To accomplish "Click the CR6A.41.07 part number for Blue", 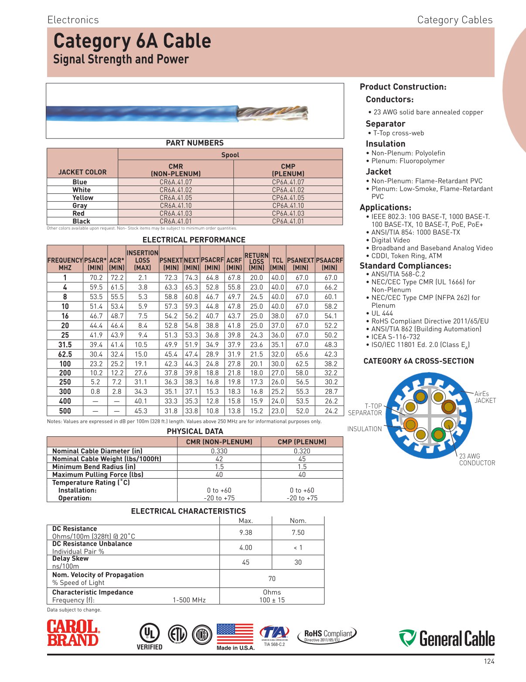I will pyautogui.click(x=175, y=182).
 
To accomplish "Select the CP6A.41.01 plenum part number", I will pyautogui.click(x=288, y=221).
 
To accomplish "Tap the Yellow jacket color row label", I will pyautogui.click(x=82, y=198).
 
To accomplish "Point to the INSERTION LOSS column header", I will pyautogui.click(x=142, y=260).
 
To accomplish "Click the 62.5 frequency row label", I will pyautogui.click(x=65, y=354).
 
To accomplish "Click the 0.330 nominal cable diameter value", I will pyautogui.click(x=219, y=451).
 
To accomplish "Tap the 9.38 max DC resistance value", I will pyautogui.click(x=246, y=533).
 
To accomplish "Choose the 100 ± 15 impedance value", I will pyautogui.click(x=272, y=600).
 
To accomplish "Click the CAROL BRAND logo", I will pyautogui.click(x=73, y=633).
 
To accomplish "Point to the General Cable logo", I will pyautogui.click(x=447, y=638).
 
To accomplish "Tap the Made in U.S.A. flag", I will pyautogui.click(x=235, y=635).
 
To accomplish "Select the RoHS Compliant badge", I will pyautogui.click(x=327, y=635).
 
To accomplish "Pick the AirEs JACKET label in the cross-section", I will pyautogui.click(x=485, y=397).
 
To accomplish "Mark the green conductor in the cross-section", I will pyautogui.click(x=438, y=434).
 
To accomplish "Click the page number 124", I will pyautogui.click(x=489, y=662).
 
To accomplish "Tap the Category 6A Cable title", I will pyautogui.click(x=132, y=41).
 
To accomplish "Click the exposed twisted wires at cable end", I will pyautogui.click(x=273, y=113).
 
